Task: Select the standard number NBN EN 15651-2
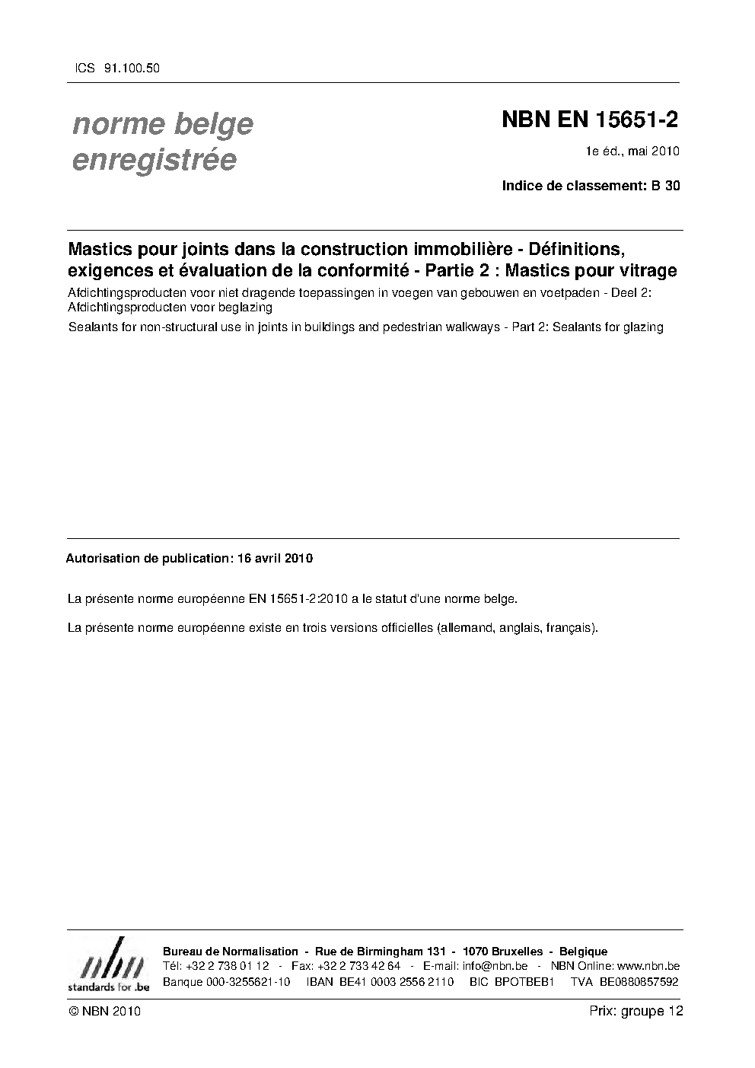tap(590, 120)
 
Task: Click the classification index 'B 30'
tap(666, 185)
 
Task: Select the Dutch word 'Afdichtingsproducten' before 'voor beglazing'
tap(120, 308)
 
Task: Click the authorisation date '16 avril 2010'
tap(275, 558)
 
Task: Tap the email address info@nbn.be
tap(495, 966)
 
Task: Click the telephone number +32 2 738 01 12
tap(227, 966)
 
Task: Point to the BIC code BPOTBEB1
tap(522, 982)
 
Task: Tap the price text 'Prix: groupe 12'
tap(636, 1011)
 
